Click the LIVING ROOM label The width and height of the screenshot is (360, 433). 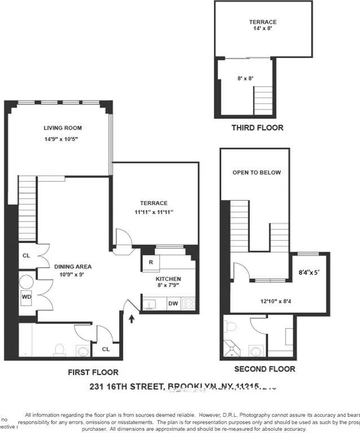63,128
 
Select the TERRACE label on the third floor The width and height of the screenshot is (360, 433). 263,22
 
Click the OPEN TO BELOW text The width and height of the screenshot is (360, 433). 256,173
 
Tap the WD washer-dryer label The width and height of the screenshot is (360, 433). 27,296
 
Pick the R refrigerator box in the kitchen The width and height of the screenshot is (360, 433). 151,262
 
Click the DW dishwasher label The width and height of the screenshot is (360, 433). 173,304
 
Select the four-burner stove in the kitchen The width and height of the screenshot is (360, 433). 189,304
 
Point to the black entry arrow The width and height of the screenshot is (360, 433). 132,319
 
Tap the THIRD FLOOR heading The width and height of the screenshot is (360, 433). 257,127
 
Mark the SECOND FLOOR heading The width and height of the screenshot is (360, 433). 265,369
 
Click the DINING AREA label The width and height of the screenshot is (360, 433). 73,267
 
